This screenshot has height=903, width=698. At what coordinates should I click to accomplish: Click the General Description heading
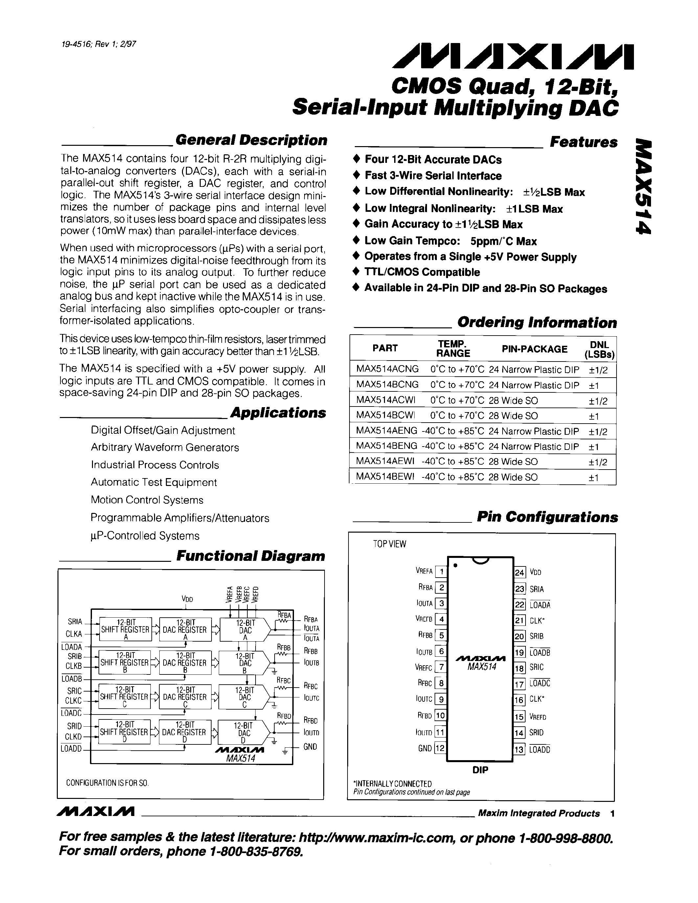(251, 141)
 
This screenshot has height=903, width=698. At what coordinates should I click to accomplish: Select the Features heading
(583, 142)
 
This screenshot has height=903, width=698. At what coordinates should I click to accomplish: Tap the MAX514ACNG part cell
(387, 369)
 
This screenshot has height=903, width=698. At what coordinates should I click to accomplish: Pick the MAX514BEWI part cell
(385, 477)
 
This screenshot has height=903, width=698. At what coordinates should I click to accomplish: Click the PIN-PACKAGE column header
(534, 349)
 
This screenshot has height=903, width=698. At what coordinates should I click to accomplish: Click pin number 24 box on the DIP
(519, 573)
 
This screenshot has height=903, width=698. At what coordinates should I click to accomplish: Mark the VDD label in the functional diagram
(187, 599)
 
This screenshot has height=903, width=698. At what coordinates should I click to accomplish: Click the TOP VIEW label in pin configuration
(390, 544)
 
